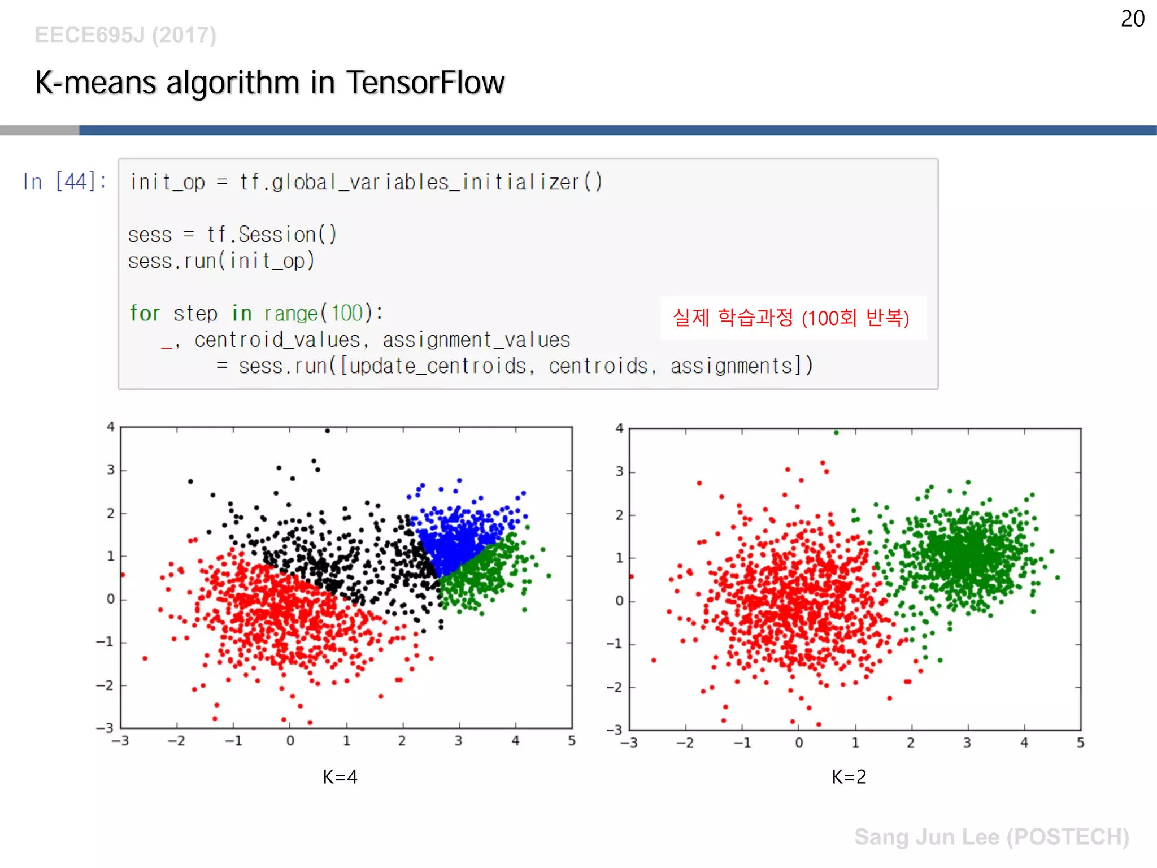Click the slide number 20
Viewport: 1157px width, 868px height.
1132,19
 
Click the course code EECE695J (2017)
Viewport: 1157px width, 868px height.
125,35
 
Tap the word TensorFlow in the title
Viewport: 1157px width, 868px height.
425,83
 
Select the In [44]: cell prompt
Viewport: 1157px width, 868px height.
64,182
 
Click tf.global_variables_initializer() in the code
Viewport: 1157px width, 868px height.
421,182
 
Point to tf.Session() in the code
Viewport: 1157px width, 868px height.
272,234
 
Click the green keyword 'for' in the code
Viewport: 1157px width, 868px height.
145,313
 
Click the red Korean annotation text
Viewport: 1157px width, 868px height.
791,318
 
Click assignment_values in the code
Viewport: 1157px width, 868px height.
476,340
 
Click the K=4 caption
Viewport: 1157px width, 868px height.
340,776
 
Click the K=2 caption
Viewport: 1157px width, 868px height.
849,776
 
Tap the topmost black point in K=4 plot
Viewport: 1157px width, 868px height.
327,431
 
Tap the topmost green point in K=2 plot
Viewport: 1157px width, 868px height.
836,433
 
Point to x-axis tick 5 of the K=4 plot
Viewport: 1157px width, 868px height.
572,741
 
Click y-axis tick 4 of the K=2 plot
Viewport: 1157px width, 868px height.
620,428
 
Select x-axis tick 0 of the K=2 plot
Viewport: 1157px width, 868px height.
799,743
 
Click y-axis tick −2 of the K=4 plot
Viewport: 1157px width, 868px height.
105,685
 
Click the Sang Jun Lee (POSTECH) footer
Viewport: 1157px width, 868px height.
991,837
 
